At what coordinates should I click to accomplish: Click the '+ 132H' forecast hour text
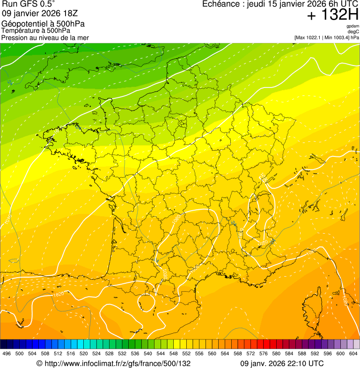[332, 15]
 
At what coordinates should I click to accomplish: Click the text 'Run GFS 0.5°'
[29, 4]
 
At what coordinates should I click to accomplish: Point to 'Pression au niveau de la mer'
[45, 37]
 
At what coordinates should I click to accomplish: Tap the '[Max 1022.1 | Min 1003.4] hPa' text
[326, 37]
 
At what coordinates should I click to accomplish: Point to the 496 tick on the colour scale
[7, 353]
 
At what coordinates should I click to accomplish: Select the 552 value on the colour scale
[186, 353]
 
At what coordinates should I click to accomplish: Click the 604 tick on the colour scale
[353, 353]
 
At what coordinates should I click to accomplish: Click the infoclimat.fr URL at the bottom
[114, 363]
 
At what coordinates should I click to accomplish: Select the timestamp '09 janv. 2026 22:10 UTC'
[281, 363]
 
